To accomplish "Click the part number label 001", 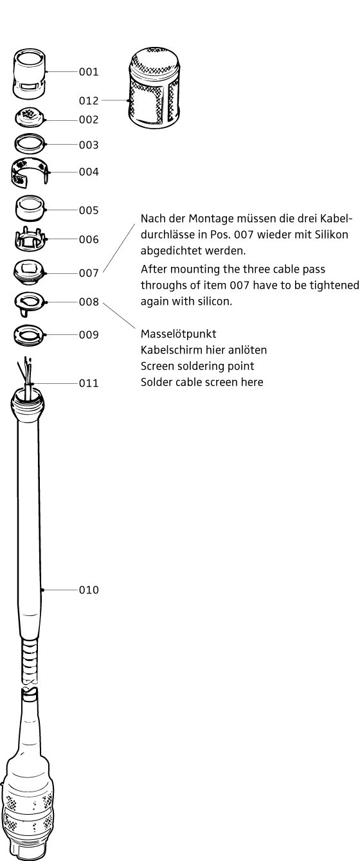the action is pyautogui.click(x=89, y=72).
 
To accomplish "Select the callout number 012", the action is pyautogui.click(x=89, y=101).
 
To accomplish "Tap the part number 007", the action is pyautogui.click(x=89, y=273).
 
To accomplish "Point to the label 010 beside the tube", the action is pyautogui.click(x=89, y=590).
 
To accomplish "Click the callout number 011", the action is pyautogui.click(x=89, y=383).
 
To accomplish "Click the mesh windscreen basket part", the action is pyautogui.click(x=154, y=87).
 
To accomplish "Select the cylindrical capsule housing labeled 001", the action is pyautogui.click(x=30, y=74).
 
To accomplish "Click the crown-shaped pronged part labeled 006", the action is pyautogui.click(x=31, y=239).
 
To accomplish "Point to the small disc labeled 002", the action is pyautogui.click(x=30, y=117).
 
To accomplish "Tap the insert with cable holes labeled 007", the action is pyautogui.click(x=30, y=272).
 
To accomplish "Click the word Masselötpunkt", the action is pyautogui.click(x=178, y=334).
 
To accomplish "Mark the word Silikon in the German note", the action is pyautogui.click(x=332, y=235).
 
